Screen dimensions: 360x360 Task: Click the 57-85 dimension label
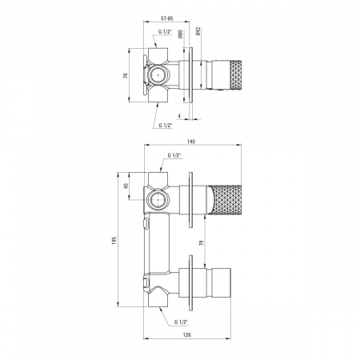tap(167, 18)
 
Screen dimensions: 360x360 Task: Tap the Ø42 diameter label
tap(198, 31)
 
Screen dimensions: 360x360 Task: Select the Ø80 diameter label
tap(180, 34)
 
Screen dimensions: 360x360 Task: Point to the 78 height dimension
tap(126, 75)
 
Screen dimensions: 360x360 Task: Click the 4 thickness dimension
tap(179, 116)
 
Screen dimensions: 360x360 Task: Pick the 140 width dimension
tap(191, 142)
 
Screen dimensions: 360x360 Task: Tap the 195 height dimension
tap(114, 241)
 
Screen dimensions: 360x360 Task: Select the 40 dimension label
tap(126, 186)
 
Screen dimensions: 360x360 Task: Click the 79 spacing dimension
tap(202, 242)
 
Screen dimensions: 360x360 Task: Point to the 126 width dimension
tap(187, 335)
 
